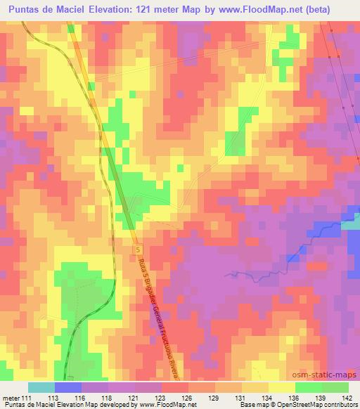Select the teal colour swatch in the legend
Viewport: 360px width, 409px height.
coord(41,387)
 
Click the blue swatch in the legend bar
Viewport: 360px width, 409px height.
coord(68,387)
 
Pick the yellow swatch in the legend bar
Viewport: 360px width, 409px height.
coord(282,387)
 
